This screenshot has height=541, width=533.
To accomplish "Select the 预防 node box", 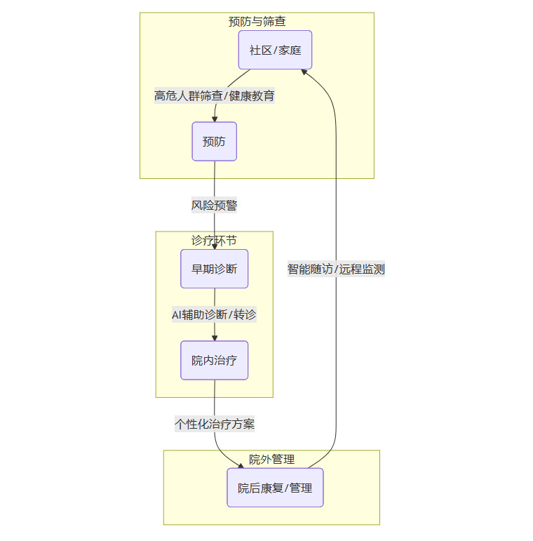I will pyautogui.click(x=215, y=141).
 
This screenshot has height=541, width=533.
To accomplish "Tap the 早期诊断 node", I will pyautogui.click(x=215, y=269).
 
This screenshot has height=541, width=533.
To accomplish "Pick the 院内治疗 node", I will pyautogui.click(x=215, y=361).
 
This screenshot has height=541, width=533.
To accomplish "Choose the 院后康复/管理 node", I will pyautogui.click(x=275, y=488).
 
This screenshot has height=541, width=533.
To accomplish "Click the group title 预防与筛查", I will pyautogui.click(x=257, y=22).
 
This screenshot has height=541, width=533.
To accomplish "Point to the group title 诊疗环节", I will pyautogui.click(x=214, y=240).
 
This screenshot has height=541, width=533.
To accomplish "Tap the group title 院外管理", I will pyautogui.click(x=271, y=460).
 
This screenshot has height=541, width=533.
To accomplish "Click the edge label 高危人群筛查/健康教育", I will pyautogui.click(x=215, y=96).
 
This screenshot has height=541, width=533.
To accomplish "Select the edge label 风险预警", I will pyautogui.click(x=215, y=206).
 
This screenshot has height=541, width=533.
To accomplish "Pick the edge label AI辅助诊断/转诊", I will pyautogui.click(x=215, y=315).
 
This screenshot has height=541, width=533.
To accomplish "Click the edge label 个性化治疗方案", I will pyautogui.click(x=215, y=425).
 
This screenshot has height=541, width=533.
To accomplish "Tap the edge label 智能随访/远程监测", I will pyautogui.click(x=336, y=269).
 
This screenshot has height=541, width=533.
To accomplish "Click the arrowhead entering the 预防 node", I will pyautogui.click(x=215, y=119).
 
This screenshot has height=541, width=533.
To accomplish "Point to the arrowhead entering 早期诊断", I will pyautogui.click(x=215, y=246).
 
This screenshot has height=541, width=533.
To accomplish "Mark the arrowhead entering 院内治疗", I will pyautogui.click(x=215, y=338).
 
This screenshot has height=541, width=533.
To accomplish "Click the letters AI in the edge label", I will pyautogui.click(x=177, y=315).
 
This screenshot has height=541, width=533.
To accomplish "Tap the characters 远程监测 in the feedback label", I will pyautogui.click(x=363, y=269).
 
